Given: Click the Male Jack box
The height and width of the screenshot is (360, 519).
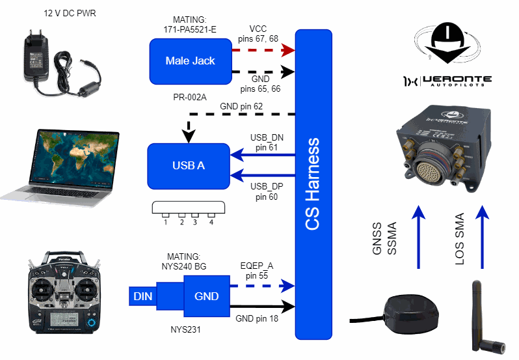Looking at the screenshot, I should [x=190, y=61].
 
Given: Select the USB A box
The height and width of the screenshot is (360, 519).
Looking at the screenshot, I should [x=188, y=165].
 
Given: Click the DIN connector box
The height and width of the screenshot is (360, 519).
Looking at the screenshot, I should [x=142, y=296].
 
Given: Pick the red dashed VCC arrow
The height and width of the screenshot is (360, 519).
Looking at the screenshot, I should [x=263, y=49].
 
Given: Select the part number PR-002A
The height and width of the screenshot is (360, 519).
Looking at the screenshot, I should [x=189, y=97].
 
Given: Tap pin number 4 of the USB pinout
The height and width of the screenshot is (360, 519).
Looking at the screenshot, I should [x=211, y=222].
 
